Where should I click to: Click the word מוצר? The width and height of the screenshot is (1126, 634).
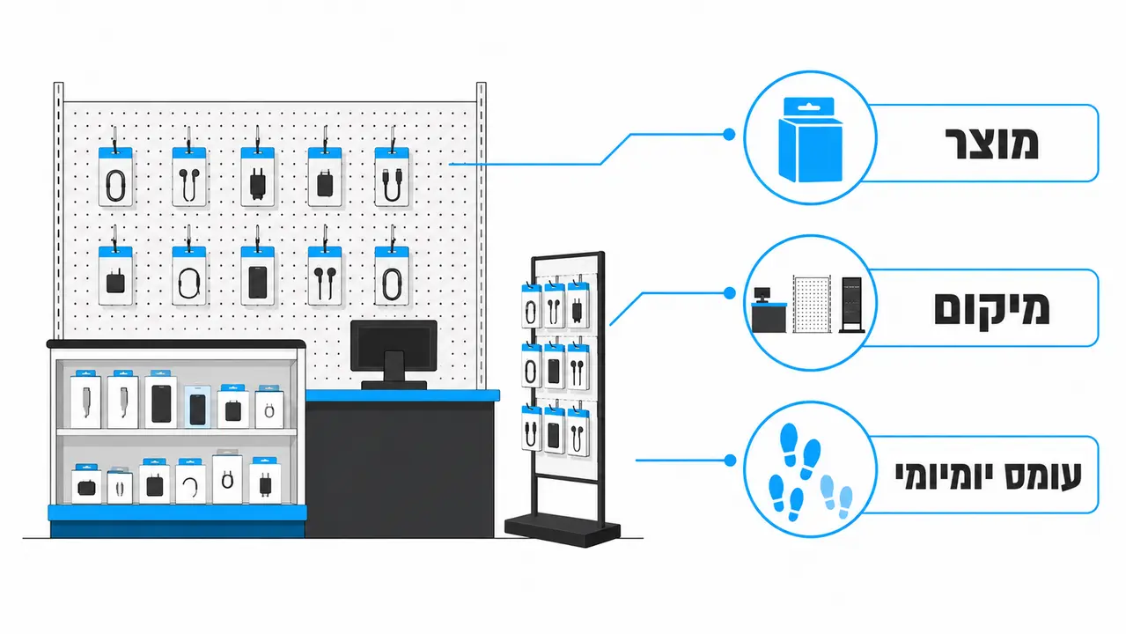pyautogui.click(x=992, y=144)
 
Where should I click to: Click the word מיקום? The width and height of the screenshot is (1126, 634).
pyautogui.click(x=992, y=308)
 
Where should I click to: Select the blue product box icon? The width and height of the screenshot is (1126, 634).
pyautogui.click(x=810, y=139)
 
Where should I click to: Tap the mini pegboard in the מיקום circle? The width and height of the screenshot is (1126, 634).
pyautogui.click(x=812, y=304)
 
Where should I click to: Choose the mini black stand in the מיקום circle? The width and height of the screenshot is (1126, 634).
pyautogui.click(x=852, y=305)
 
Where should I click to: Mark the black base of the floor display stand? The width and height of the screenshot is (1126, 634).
pyautogui.click(x=562, y=529)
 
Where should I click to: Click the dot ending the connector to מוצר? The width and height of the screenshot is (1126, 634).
pyautogui.click(x=729, y=134)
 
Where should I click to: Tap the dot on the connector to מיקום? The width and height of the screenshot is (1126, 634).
pyautogui.click(x=729, y=293)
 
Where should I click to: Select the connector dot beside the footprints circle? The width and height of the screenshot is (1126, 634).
pyautogui.click(x=730, y=460)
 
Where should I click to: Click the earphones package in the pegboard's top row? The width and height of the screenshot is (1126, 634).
pyautogui.click(x=189, y=176)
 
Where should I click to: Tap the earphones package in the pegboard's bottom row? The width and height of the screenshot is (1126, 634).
pyautogui.click(x=325, y=276)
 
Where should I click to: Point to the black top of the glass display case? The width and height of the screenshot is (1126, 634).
pyautogui.click(x=176, y=344)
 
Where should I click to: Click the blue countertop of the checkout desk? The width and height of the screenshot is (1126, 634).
pyautogui.click(x=402, y=395)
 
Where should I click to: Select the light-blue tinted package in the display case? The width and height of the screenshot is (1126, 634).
pyautogui.click(x=197, y=406)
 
